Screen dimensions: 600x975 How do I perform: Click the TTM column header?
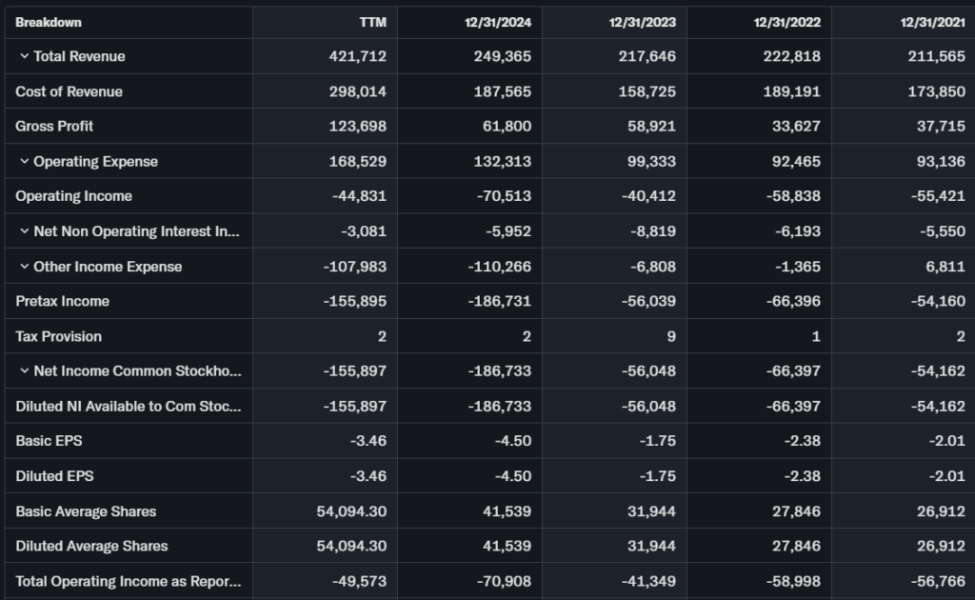(x=373, y=22)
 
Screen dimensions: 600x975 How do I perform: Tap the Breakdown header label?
(x=49, y=22)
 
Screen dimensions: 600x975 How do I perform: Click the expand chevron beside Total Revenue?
(x=24, y=56)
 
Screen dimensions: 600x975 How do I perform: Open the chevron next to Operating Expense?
(x=24, y=161)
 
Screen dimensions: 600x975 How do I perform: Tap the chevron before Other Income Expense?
(x=24, y=267)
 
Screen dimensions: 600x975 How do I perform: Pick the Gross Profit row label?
(x=54, y=126)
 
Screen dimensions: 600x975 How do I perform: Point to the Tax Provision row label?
(x=58, y=336)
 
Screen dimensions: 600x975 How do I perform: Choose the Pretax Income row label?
(x=62, y=301)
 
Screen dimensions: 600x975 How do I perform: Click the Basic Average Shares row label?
(x=86, y=511)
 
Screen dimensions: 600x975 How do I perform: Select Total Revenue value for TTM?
(x=358, y=56)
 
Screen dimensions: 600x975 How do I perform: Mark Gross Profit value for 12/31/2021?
(x=939, y=126)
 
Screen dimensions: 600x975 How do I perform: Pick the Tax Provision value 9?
(x=671, y=336)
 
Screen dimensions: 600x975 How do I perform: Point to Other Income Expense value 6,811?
(x=945, y=267)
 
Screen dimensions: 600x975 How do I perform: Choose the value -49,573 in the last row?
(x=355, y=581)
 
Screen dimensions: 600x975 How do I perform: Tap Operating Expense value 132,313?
(x=502, y=161)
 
